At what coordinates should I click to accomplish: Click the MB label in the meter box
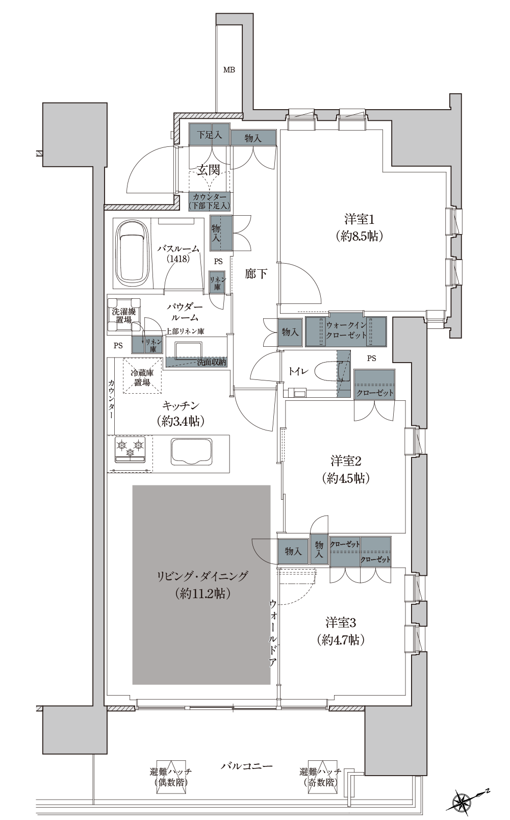click(229, 69)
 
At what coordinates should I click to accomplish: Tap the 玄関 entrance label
click(208, 170)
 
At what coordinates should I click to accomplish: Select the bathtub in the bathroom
click(132, 255)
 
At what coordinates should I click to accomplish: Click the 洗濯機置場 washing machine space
click(124, 316)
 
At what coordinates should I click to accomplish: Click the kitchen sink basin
click(191, 452)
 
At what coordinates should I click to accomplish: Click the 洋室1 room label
click(359, 228)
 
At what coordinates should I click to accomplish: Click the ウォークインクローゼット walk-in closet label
click(346, 330)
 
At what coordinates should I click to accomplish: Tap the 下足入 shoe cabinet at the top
click(209, 135)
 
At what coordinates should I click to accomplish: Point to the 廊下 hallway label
click(256, 274)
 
